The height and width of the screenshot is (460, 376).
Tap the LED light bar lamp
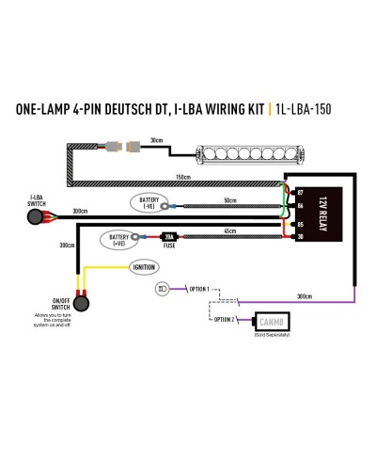[x=237, y=152]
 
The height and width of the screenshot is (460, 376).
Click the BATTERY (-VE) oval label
[x=149, y=202]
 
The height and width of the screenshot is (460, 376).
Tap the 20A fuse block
[x=170, y=238]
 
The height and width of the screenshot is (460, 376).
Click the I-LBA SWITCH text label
[x=38, y=201]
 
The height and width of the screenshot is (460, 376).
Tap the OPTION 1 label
[x=199, y=288]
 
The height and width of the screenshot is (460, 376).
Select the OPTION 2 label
[x=223, y=320]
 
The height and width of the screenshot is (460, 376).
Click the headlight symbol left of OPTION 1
[x=164, y=288]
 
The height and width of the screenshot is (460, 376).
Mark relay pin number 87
[x=300, y=192]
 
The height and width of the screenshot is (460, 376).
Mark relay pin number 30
[x=300, y=237]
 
